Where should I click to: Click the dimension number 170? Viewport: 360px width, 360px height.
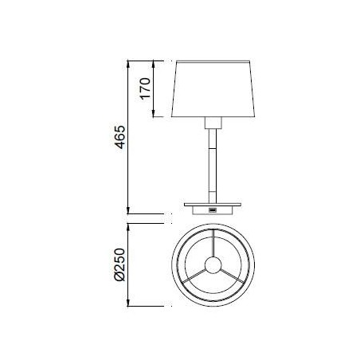[x=143, y=88]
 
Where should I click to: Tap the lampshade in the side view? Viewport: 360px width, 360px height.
[x=212, y=88]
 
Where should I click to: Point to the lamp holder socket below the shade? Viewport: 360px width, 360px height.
[x=212, y=123]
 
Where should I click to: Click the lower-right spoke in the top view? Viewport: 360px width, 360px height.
[x=231, y=276]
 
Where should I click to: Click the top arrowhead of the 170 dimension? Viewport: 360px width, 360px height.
[x=154, y=64]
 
